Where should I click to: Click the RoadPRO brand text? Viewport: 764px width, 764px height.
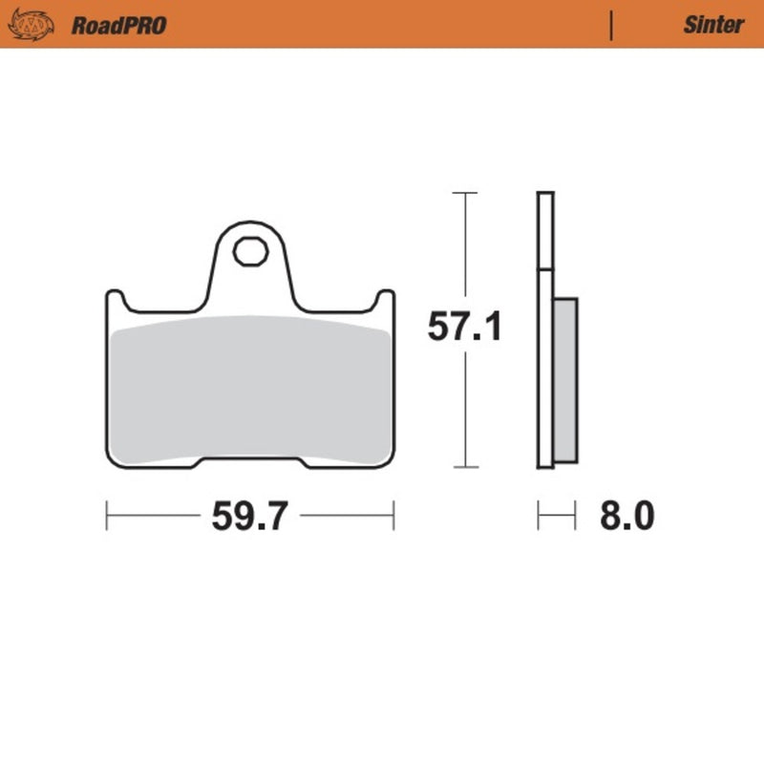pyautogui.click(x=118, y=25)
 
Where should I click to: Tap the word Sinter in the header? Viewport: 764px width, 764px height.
pyautogui.click(x=712, y=25)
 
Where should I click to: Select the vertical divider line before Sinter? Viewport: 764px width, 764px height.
pyautogui.click(x=611, y=25)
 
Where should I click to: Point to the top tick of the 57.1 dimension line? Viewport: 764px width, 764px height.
pyautogui.click(x=464, y=193)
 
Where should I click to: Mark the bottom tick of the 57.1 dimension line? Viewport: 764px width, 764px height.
pyautogui.click(x=464, y=468)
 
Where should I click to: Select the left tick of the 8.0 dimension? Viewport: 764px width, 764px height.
pyautogui.click(x=540, y=516)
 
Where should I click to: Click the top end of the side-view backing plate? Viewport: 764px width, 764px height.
pyautogui.click(x=545, y=196)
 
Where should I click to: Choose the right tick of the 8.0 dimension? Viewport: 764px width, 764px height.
pyautogui.click(x=576, y=516)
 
